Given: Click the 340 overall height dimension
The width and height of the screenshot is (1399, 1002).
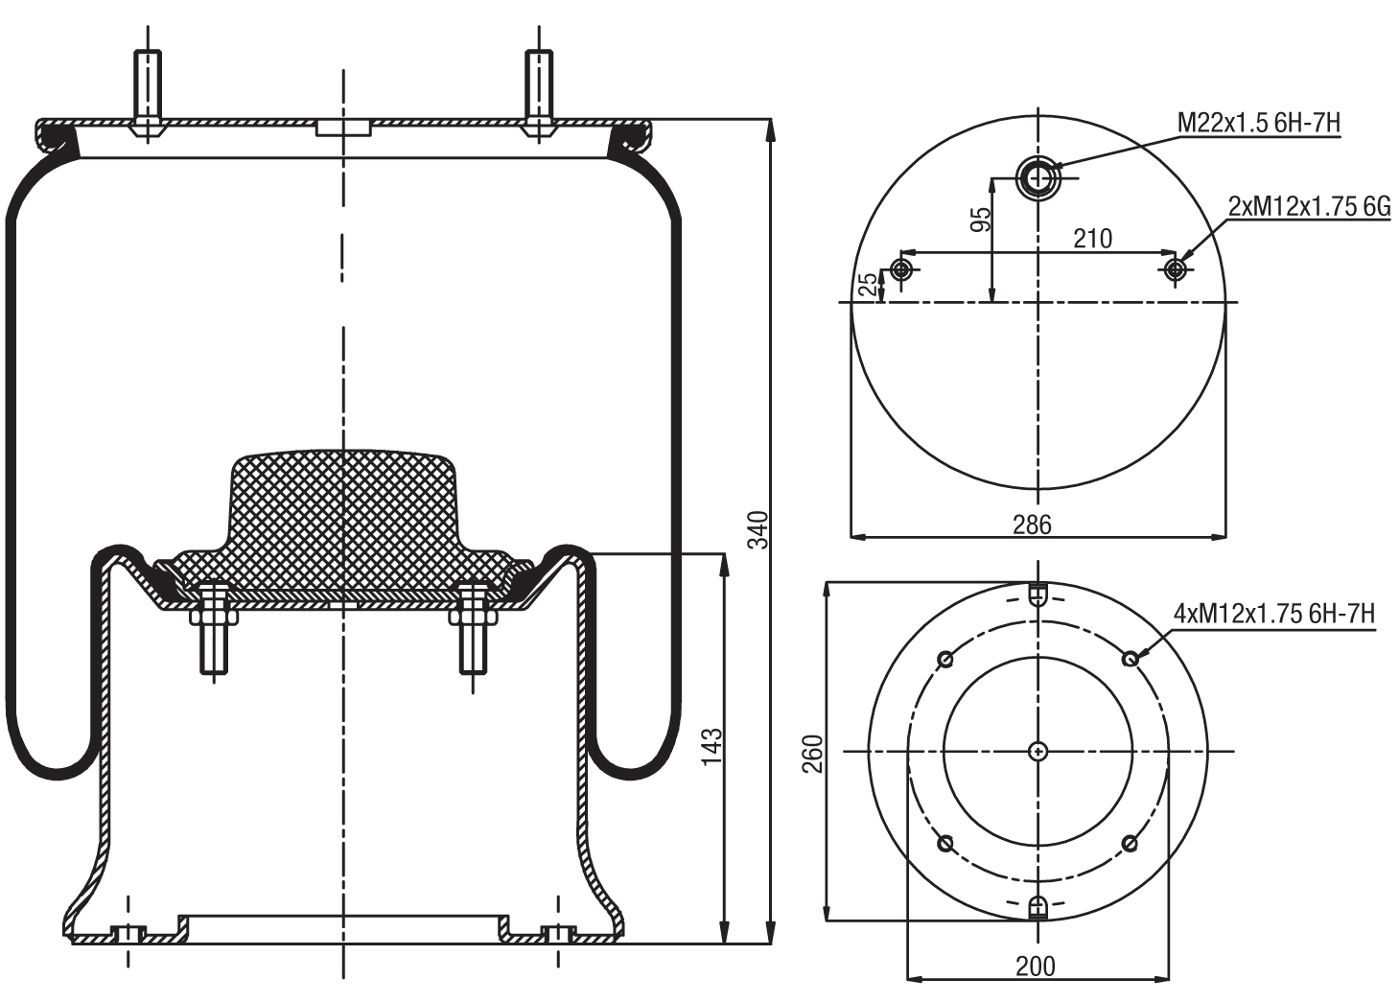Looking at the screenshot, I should (x=758, y=530).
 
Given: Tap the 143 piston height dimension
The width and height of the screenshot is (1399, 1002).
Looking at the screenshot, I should (x=711, y=747).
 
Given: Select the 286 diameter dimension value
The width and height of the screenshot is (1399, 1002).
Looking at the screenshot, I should (x=1032, y=524).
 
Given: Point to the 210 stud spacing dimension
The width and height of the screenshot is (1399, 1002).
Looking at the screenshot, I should (x=1092, y=238).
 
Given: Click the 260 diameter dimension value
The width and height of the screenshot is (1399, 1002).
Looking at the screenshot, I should (x=812, y=754).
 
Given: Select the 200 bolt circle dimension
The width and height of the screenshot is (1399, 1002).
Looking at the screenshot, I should (x=1036, y=966).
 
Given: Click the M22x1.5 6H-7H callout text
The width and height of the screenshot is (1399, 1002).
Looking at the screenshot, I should (x=1258, y=123).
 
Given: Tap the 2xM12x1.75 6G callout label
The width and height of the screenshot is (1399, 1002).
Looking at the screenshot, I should (x=1309, y=206).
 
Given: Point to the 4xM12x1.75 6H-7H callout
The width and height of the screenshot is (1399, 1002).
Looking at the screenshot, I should (x=1274, y=613).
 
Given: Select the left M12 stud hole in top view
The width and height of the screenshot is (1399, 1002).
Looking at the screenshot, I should (x=900, y=269).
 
